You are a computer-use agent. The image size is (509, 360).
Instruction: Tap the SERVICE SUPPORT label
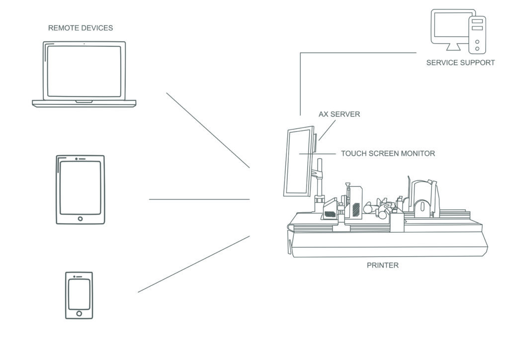[460, 63]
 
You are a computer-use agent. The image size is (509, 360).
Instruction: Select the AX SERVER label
[339, 114]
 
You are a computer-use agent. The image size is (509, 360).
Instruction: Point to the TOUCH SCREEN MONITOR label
[388, 154]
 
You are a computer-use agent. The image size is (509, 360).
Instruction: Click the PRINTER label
[382, 266]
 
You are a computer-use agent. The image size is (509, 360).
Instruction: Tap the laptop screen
[84, 71]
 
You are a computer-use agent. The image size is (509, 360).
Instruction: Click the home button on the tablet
[81, 218]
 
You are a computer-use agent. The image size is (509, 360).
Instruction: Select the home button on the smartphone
[79, 314]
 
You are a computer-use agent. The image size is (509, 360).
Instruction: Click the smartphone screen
[79, 294]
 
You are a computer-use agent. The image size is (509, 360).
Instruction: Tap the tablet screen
[80, 188]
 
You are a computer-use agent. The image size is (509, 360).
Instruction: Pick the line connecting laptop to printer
[208, 130]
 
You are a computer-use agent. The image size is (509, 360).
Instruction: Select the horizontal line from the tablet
[199, 199]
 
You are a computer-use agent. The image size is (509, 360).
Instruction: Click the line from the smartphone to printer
[194, 264]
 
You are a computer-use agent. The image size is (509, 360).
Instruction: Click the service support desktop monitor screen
[451, 27]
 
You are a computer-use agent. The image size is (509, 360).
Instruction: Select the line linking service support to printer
[358, 53]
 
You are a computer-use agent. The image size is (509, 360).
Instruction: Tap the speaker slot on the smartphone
[79, 275]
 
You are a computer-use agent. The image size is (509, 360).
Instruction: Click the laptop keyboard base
[84, 103]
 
